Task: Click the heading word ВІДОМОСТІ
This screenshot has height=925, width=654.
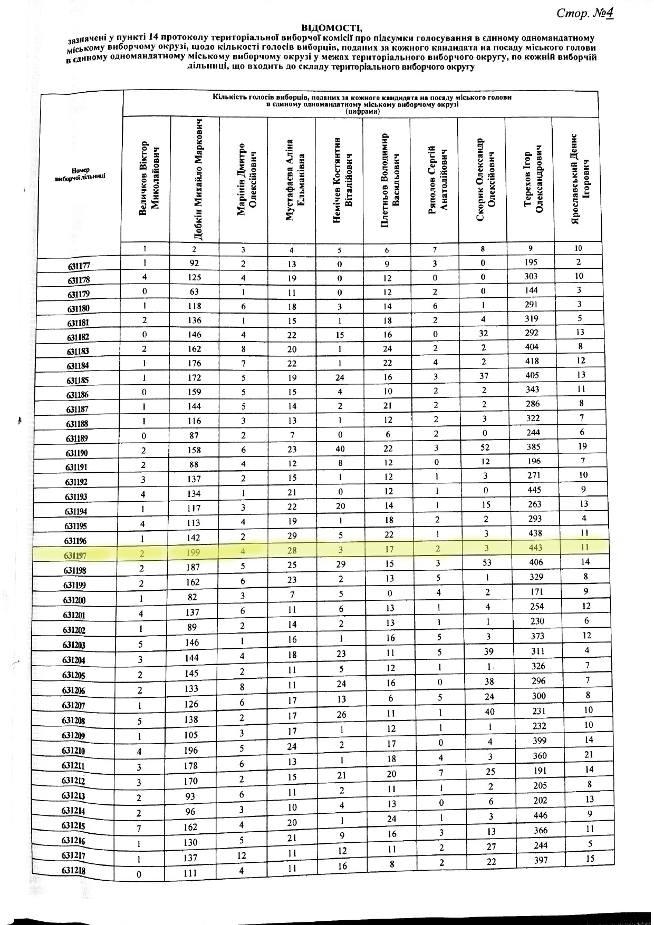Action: (x=332, y=27)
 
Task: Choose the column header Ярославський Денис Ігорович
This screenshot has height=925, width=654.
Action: (x=579, y=179)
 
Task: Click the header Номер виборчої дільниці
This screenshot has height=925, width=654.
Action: (x=80, y=173)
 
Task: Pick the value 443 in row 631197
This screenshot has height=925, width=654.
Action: (x=534, y=548)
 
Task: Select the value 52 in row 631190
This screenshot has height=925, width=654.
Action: (x=485, y=447)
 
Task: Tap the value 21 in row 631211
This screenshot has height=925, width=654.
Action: (x=589, y=755)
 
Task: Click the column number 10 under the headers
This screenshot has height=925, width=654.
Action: (x=578, y=248)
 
